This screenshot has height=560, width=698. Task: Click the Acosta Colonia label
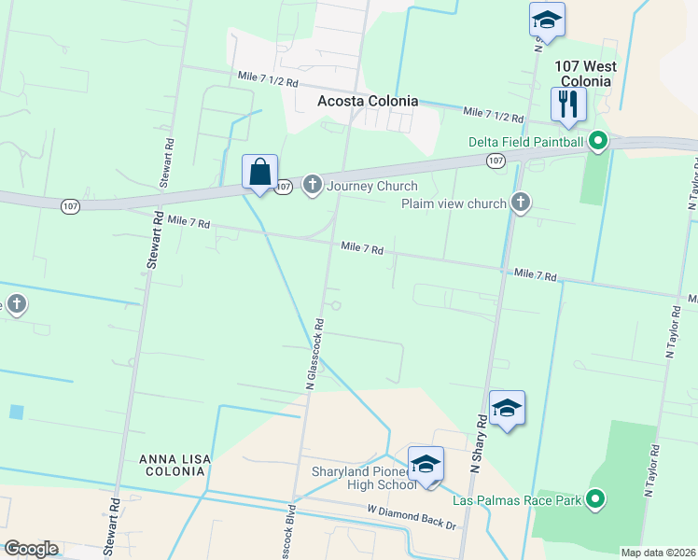(367, 102)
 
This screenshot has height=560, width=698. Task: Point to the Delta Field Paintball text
(525, 142)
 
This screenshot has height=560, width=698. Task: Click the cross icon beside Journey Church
(313, 185)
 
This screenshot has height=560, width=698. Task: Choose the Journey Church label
(371, 186)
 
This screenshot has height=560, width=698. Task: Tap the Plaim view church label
(454, 203)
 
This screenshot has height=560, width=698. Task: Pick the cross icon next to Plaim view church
(520, 203)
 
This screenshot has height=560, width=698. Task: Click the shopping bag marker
(259, 173)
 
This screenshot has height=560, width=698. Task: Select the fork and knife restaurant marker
(567, 105)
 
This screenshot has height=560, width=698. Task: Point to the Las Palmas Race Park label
(516, 500)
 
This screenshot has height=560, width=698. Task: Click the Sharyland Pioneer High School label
(363, 478)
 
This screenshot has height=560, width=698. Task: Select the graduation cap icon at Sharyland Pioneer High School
(426, 464)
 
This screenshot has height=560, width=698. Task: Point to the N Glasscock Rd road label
(314, 355)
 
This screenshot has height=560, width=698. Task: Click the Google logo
(31, 549)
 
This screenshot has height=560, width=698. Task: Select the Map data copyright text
(659, 553)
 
